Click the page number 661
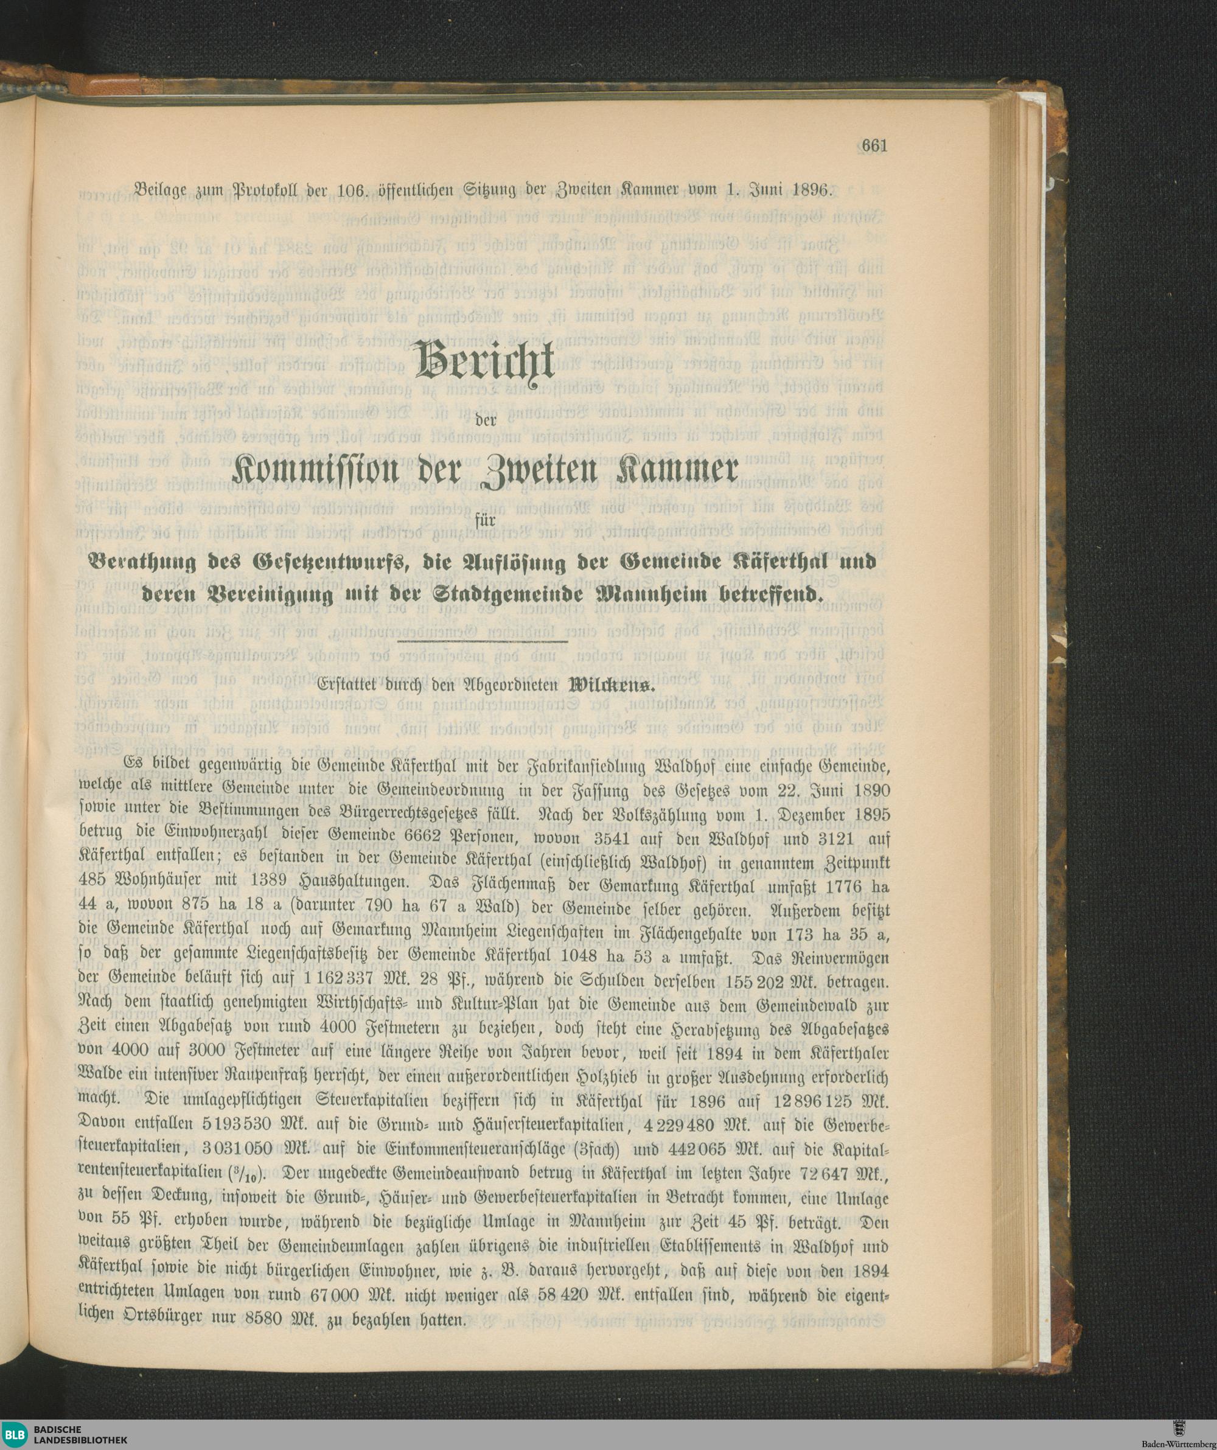pos(874,145)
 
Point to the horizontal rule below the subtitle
pos(484,642)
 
